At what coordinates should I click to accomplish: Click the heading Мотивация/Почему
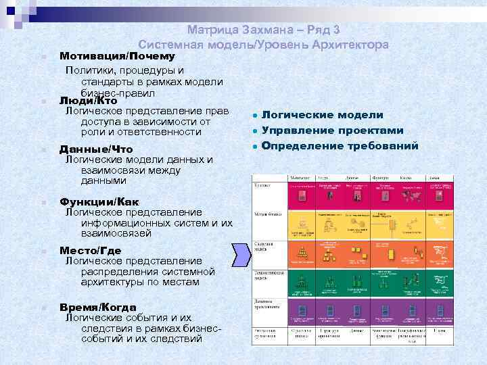(x=118, y=56)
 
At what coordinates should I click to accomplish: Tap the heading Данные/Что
(x=96, y=149)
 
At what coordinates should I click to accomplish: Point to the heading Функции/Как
(x=100, y=201)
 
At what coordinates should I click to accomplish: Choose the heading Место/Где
(x=95, y=250)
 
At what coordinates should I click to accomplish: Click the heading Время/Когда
(x=98, y=306)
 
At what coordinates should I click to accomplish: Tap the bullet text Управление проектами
(x=332, y=130)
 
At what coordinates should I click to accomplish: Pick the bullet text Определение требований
(x=340, y=145)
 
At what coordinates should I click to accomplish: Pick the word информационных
(x=126, y=222)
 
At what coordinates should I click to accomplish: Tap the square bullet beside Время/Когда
(x=42, y=307)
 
